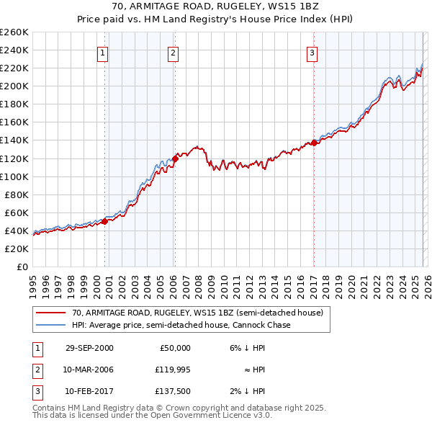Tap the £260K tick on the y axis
point(14,32)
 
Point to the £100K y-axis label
point(14,176)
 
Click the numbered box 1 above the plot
point(103,53)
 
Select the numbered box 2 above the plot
point(174,53)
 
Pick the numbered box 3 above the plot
point(312,53)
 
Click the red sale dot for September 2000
point(105,221)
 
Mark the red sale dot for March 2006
point(175,158)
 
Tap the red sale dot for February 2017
point(315,143)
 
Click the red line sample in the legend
point(50,313)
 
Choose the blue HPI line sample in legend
point(50,325)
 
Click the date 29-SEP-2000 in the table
point(89,348)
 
